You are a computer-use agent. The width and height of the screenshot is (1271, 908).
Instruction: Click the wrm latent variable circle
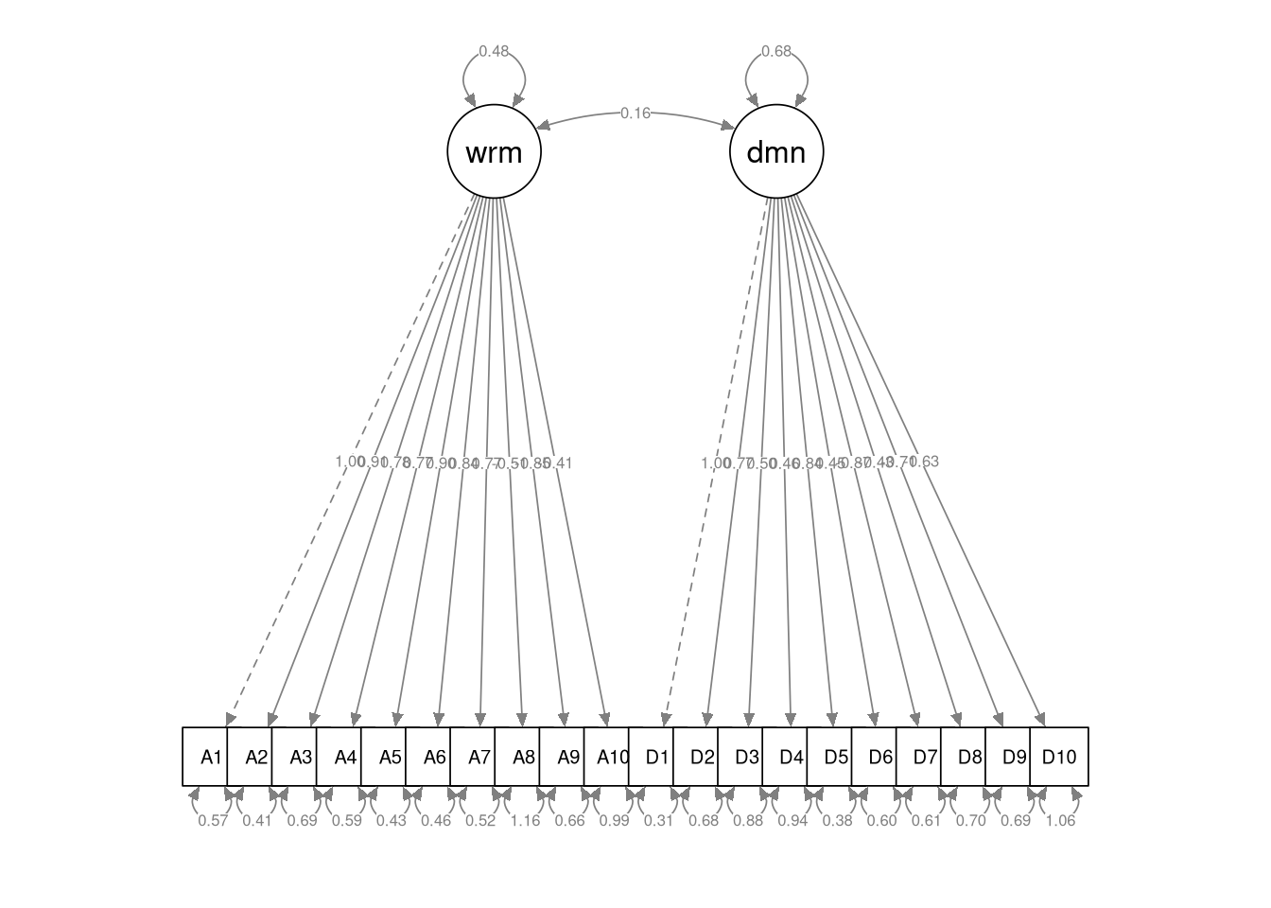point(494,151)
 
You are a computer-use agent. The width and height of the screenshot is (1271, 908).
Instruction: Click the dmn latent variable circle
point(776,151)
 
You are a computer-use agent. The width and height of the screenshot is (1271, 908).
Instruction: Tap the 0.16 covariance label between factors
point(635,113)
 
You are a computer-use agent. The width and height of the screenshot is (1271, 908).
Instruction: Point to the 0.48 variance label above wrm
point(494,51)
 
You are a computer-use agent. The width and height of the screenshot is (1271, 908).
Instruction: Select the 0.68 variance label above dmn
point(776,51)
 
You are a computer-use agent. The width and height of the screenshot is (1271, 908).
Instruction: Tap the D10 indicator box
point(1059,757)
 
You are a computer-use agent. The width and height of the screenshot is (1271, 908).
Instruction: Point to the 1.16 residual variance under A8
point(525,821)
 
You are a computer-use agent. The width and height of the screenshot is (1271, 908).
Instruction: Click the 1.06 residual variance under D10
point(1060,821)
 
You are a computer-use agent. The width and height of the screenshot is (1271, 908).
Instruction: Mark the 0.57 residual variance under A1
point(213,821)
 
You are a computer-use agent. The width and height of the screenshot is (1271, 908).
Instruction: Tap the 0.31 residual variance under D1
point(658,821)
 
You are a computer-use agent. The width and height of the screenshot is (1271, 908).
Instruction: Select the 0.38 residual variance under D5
point(837,821)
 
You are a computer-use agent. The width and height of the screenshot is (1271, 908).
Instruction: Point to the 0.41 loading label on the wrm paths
point(560,463)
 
